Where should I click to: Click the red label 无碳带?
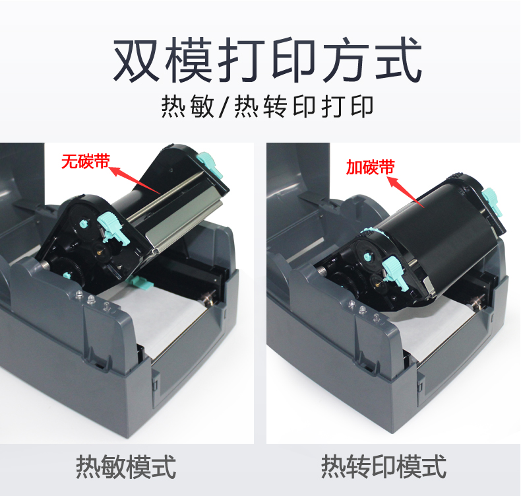[85, 160]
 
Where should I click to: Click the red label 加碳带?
[370, 167]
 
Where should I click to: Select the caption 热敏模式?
[126, 466]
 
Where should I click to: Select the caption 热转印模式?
[383, 466]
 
